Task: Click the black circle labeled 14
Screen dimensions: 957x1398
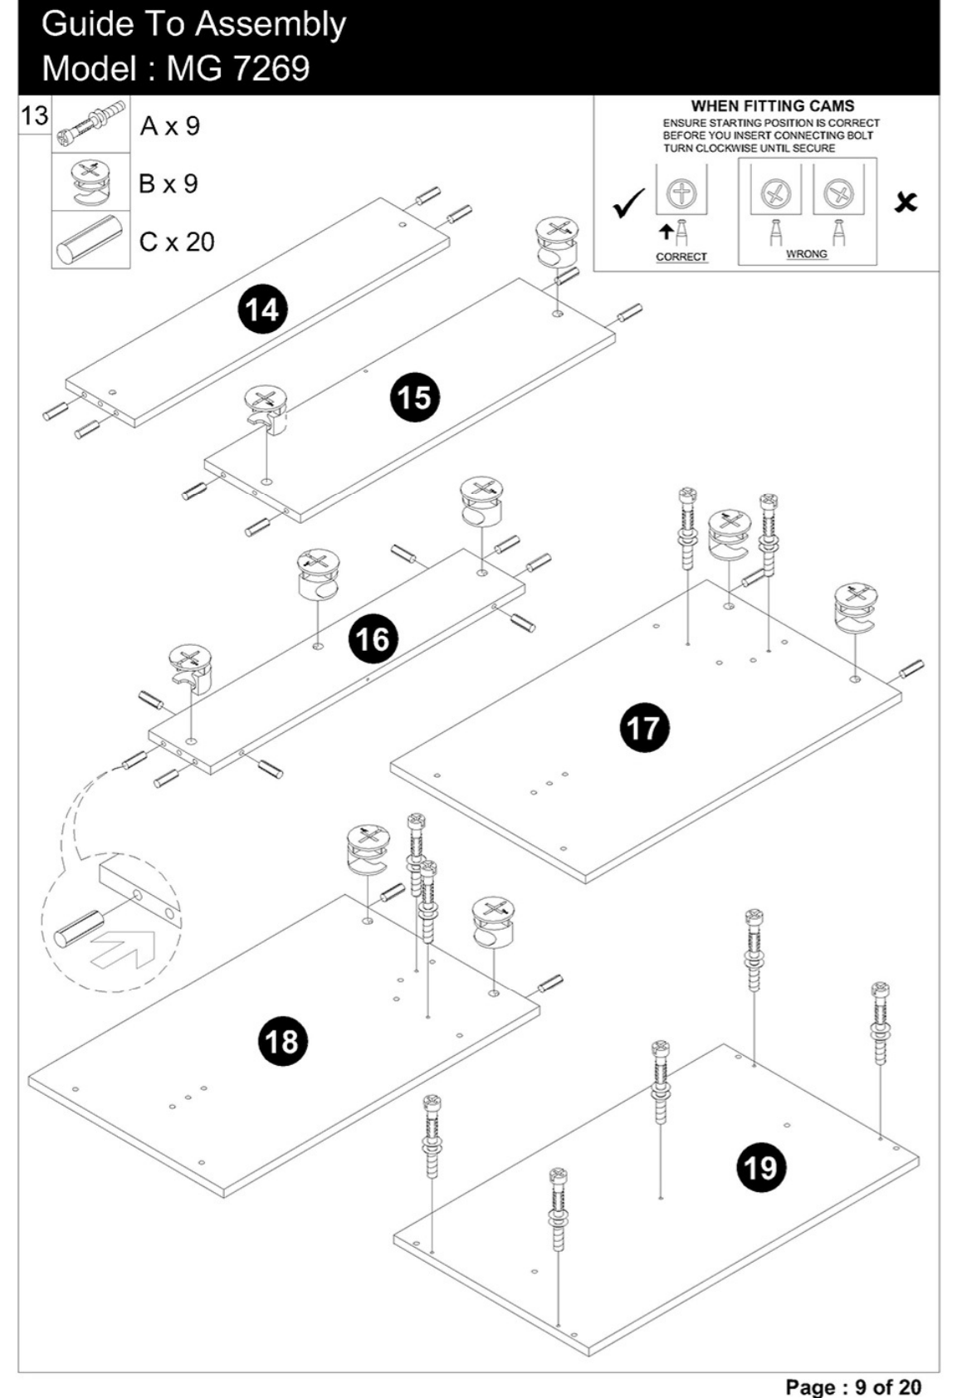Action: coord(262,309)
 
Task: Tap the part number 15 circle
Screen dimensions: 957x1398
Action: coord(415,397)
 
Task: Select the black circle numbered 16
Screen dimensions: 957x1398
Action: coord(373,638)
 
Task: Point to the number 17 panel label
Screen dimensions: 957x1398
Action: coord(644,728)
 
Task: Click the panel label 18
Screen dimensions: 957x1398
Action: coord(282,1041)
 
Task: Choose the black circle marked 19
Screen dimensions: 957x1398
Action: coord(761,1168)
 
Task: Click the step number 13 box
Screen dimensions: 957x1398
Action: coord(35,115)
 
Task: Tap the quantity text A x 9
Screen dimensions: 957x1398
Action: coord(169,126)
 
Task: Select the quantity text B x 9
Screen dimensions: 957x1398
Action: coord(168,183)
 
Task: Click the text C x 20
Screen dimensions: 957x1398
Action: coord(177,242)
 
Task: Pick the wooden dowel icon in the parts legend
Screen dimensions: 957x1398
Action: coord(90,240)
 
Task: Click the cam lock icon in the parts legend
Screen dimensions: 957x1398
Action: coord(91,183)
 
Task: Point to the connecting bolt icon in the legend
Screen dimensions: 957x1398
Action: coord(91,124)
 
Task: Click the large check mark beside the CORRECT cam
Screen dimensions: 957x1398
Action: coord(629,203)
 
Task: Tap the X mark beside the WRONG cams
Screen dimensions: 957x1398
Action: coord(906,203)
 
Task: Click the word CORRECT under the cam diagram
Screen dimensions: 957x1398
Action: coord(681,257)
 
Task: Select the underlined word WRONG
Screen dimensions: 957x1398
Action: coord(807,254)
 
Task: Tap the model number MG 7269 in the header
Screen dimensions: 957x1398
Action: coord(237,68)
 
